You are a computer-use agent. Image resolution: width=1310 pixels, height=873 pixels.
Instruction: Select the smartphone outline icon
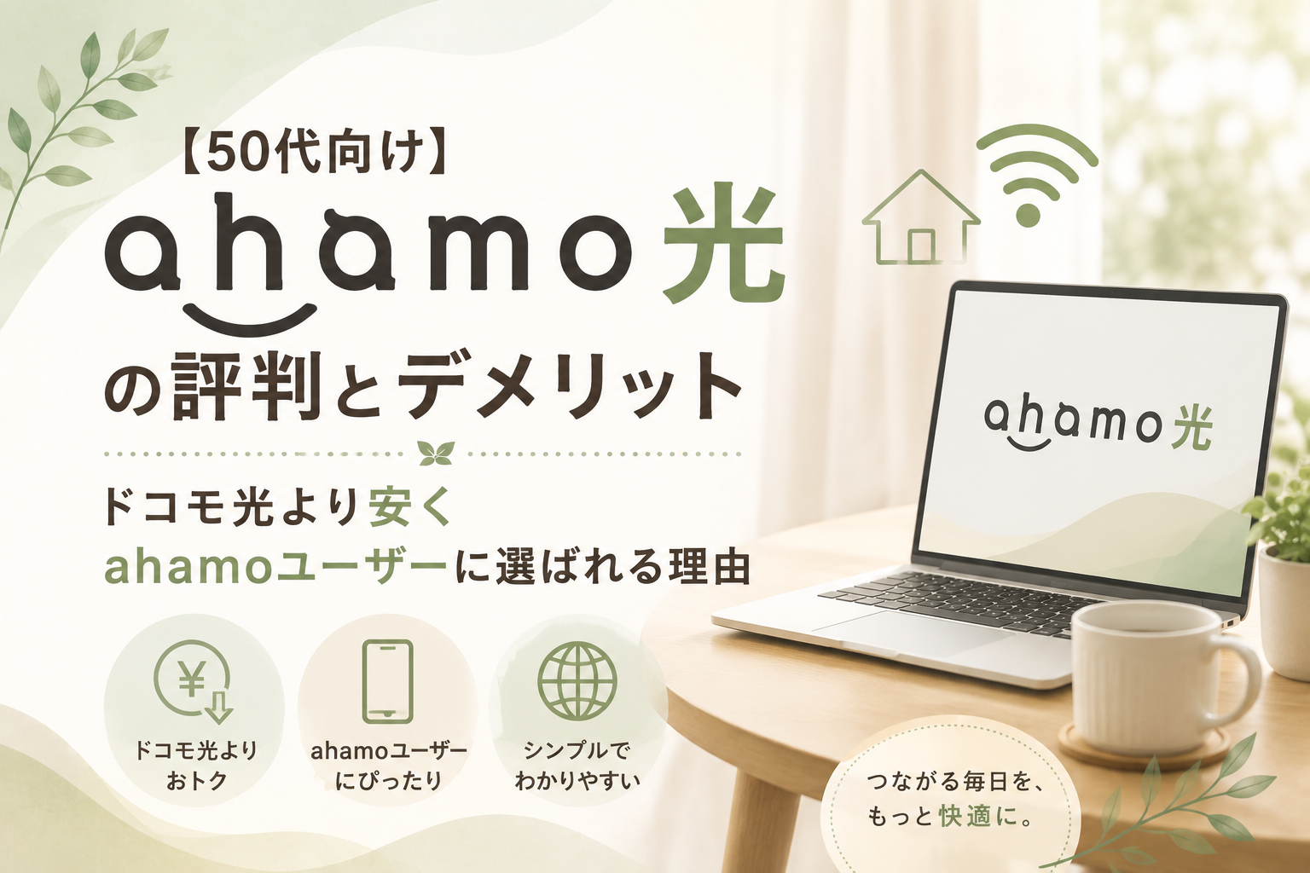(387, 681)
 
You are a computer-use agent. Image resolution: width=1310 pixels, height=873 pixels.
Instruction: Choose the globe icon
(577, 682)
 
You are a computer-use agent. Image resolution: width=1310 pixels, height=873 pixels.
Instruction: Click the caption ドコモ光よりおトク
(195, 766)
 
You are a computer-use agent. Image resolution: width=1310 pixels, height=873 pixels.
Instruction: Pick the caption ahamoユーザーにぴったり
(388, 766)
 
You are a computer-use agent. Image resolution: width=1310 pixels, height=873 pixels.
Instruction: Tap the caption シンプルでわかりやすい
(577, 766)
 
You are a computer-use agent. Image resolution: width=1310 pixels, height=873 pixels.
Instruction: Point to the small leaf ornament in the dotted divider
(437, 454)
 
